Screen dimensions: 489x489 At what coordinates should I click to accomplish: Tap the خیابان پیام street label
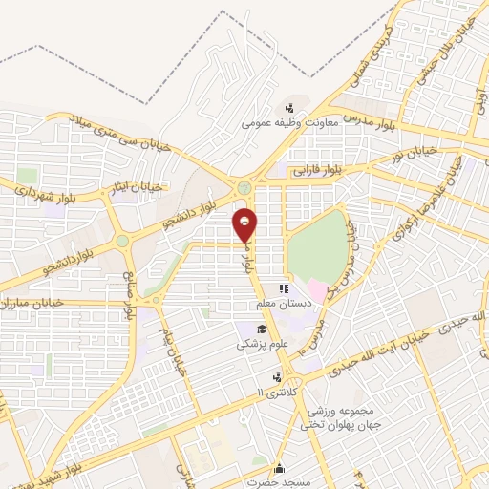click(x=174, y=350)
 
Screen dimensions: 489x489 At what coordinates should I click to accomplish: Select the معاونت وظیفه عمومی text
click(x=285, y=122)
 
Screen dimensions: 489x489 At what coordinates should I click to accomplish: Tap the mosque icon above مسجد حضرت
click(x=278, y=468)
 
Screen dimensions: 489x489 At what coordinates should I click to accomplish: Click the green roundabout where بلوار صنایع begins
click(x=122, y=242)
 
